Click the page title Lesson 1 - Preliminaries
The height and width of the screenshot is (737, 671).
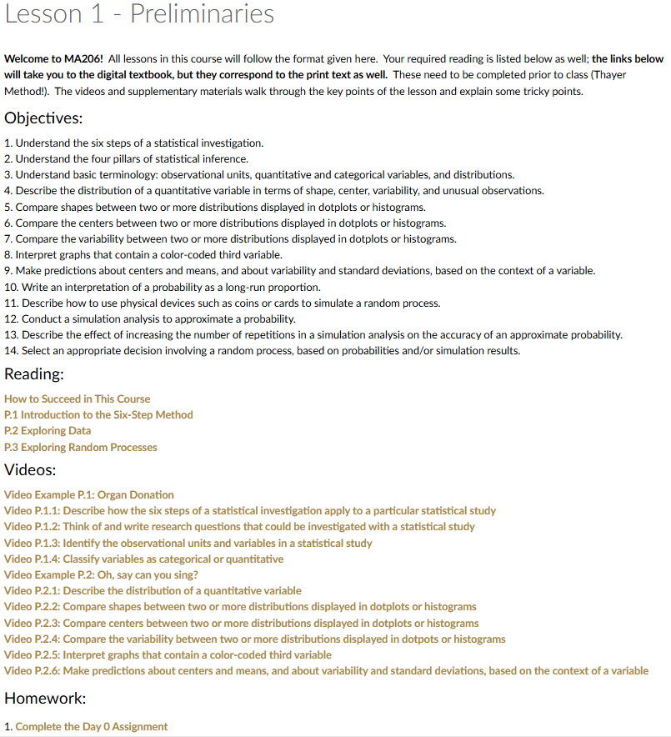[x=139, y=14]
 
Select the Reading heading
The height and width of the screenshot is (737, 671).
[x=34, y=374]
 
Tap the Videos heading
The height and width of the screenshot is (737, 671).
[x=31, y=469]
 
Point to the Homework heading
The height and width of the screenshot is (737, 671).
[x=46, y=698]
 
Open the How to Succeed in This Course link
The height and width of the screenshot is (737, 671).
[x=78, y=399]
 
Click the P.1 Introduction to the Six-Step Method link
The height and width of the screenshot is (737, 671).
[x=98, y=414]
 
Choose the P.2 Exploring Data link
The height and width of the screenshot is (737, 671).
[x=48, y=431]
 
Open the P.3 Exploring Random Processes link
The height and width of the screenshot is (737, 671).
[x=81, y=447]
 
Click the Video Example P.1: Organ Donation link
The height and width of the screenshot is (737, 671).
[x=89, y=494]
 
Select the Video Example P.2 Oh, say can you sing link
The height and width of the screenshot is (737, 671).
[x=101, y=574]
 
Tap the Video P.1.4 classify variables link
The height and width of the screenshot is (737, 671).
[x=144, y=559]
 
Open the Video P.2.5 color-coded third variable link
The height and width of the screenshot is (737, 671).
[x=168, y=654]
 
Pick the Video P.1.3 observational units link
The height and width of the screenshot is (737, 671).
[x=188, y=543]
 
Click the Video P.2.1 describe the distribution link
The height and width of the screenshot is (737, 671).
[x=153, y=590]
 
